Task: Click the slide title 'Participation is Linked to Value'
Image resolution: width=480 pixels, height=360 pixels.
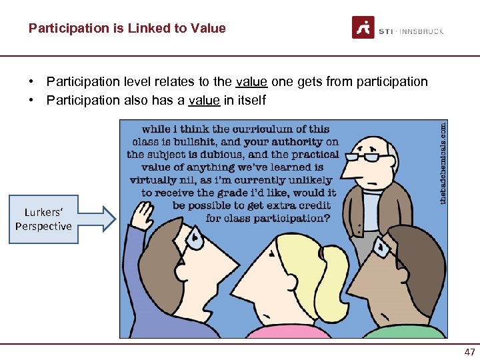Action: [x=127, y=29]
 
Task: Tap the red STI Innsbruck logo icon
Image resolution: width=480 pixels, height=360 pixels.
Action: [x=363, y=27]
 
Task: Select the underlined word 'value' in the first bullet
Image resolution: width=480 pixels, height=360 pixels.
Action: [x=252, y=82]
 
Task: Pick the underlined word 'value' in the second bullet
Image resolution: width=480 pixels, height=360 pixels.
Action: [x=203, y=101]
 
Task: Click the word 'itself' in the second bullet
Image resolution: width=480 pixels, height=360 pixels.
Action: [x=251, y=101]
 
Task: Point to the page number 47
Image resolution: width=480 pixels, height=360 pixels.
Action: [x=469, y=352]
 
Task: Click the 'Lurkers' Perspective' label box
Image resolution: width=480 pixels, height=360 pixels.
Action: [x=43, y=219]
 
